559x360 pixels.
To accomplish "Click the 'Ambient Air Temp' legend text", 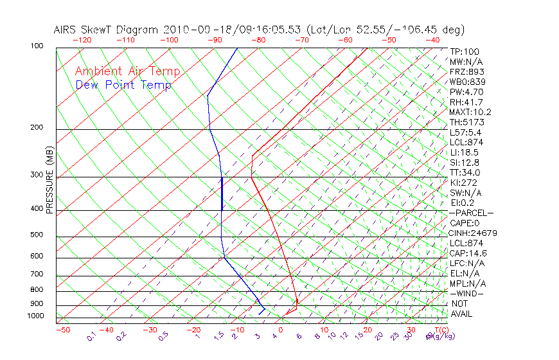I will [127, 71].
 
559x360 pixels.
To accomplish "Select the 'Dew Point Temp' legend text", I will [123, 85].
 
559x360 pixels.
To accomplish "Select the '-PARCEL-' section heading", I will [471, 213].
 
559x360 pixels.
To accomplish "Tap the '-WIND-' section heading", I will [467, 293].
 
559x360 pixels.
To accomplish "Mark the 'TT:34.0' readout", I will [465, 172].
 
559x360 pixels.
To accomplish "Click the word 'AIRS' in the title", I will [67, 30].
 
